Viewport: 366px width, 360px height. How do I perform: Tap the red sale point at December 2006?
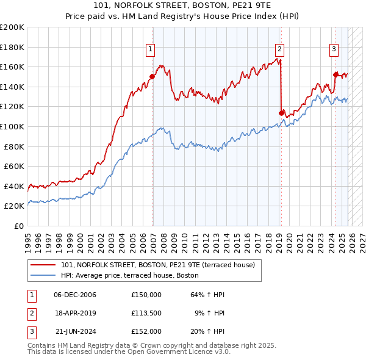point(152,77)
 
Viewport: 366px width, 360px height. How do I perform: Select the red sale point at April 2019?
point(281,113)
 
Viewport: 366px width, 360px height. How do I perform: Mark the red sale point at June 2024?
point(335,75)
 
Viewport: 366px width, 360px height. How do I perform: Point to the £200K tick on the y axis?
point(12,27)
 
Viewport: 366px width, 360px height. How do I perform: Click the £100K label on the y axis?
point(12,126)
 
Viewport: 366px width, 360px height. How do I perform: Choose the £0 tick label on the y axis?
point(19,226)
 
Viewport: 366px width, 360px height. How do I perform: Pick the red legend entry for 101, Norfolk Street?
point(161,265)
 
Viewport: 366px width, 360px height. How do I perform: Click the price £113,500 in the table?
point(146,313)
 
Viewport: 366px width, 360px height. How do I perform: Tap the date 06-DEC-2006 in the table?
point(75,295)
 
